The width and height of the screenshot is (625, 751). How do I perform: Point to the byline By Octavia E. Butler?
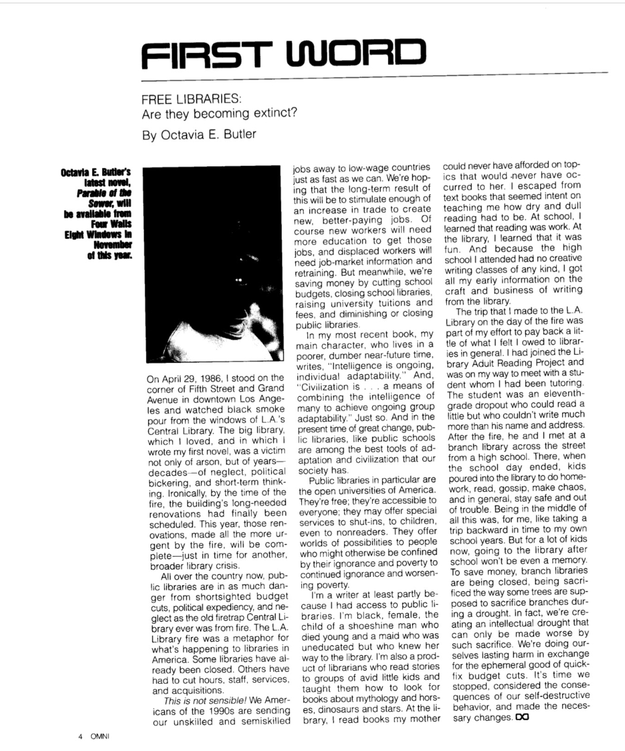[199, 134]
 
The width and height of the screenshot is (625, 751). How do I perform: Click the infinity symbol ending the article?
[522, 718]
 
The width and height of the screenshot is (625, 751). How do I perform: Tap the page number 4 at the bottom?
[79, 736]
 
